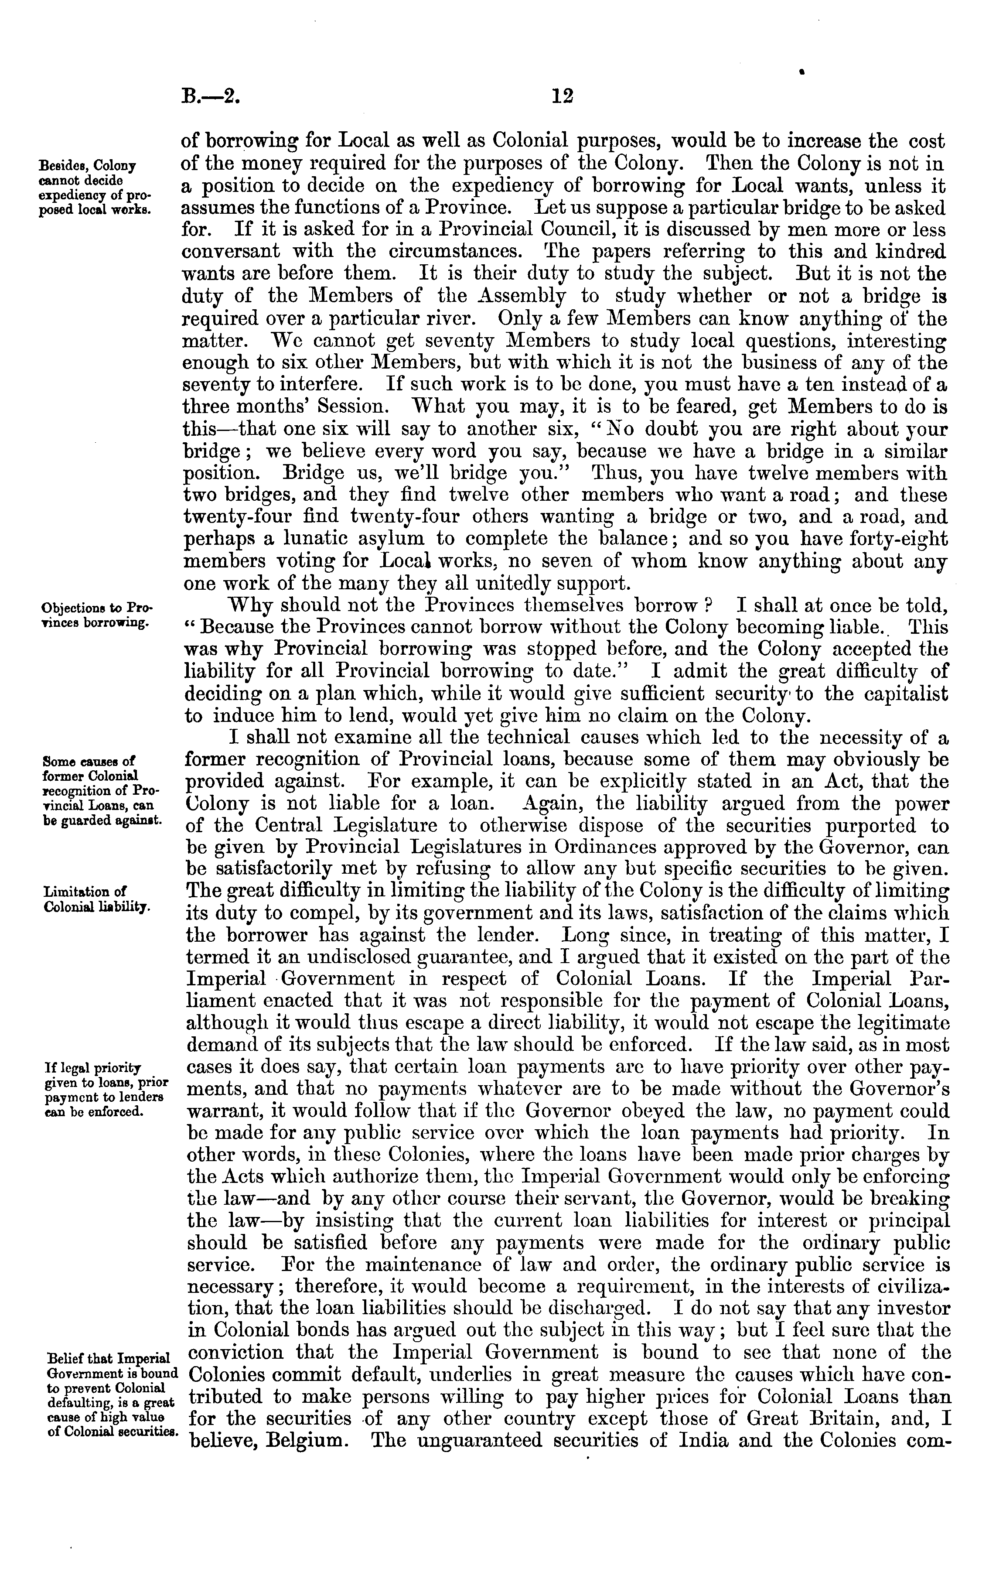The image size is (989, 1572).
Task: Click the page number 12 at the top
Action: point(561,97)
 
